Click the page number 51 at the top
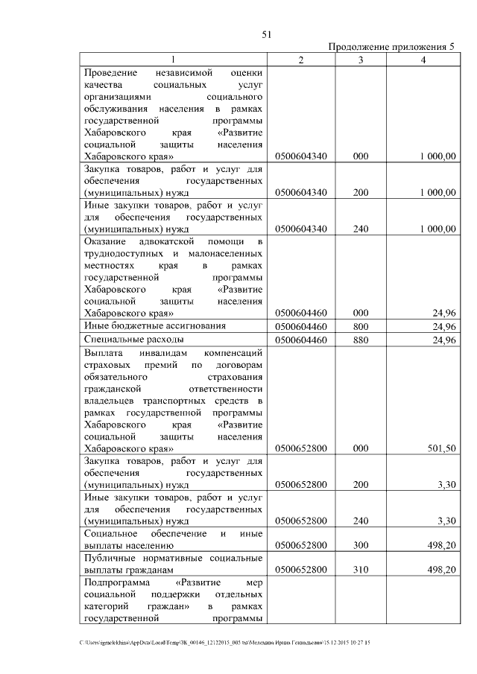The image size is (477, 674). pyautogui.click(x=266, y=34)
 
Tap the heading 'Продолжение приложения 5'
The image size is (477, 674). pyautogui.click(x=391, y=47)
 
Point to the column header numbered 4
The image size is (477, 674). pyautogui.click(x=423, y=60)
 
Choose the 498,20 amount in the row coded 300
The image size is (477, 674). pyautogui.click(x=440, y=545)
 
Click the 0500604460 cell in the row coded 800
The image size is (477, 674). pyautogui.click(x=301, y=327)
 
